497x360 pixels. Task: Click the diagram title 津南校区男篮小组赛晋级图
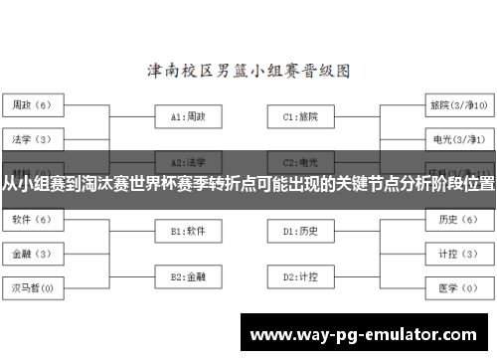click(x=248, y=71)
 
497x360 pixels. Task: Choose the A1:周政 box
click(x=188, y=116)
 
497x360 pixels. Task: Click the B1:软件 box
click(x=188, y=232)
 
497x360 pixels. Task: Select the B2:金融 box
click(x=188, y=275)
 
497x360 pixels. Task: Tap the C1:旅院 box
click(x=300, y=116)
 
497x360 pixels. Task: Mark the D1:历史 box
click(x=300, y=232)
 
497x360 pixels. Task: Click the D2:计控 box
click(x=300, y=275)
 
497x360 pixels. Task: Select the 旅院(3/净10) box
click(x=457, y=103)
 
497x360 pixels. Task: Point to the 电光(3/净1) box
click(x=457, y=137)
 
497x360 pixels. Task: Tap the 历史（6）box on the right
click(x=457, y=219)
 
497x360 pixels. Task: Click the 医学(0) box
click(x=457, y=287)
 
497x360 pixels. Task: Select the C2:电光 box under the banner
click(x=300, y=161)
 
